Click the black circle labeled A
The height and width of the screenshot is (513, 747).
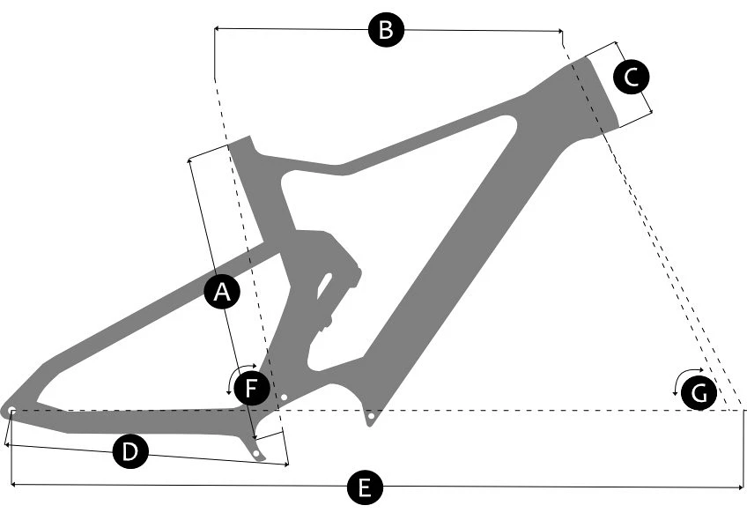click(x=222, y=292)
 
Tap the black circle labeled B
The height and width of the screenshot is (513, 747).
click(x=386, y=30)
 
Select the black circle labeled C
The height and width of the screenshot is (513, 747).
click(x=632, y=77)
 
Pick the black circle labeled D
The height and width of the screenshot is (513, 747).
click(x=130, y=450)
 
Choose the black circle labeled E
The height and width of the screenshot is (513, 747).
click(x=365, y=487)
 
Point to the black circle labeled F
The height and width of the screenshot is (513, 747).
click(x=252, y=388)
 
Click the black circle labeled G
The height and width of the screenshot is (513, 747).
click(x=699, y=393)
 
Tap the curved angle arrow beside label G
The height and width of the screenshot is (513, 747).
click(x=681, y=376)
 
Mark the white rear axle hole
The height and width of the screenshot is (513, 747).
click(x=12, y=410)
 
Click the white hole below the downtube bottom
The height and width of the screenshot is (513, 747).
click(x=371, y=416)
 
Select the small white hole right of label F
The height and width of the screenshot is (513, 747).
click(x=284, y=397)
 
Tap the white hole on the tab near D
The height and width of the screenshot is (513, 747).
click(x=257, y=453)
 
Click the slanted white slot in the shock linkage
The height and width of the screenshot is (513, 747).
click(x=325, y=286)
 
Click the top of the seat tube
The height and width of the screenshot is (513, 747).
click(x=238, y=140)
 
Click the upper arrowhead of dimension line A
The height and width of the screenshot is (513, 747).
click(x=190, y=160)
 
